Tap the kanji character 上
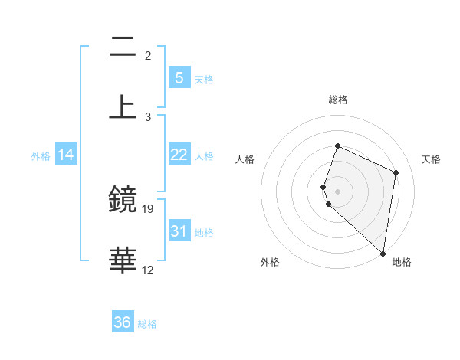pyautogui.click(x=123, y=106)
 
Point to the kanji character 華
pyautogui.click(x=123, y=260)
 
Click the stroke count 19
pyautogui.click(x=148, y=208)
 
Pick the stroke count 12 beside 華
pyautogui.click(x=148, y=270)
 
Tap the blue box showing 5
pyautogui.click(x=179, y=78)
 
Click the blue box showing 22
pyautogui.click(x=179, y=155)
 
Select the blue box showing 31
pyautogui.click(x=179, y=231)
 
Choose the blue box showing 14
pyautogui.click(x=66, y=155)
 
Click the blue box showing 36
pyautogui.click(x=123, y=322)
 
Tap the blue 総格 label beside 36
pyautogui.click(x=148, y=324)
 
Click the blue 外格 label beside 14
pyautogui.click(x=41, y=156)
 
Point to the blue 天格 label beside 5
pyautogui.click(x=204, y=80)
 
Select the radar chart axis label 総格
pyautogui.click(x=338, y=100)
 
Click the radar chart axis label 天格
pyautogui.click(x=431, y=159)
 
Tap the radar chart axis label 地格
pyautogui.click(x=402, y=262)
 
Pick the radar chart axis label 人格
pyautogui.click(x=245, y=159)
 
